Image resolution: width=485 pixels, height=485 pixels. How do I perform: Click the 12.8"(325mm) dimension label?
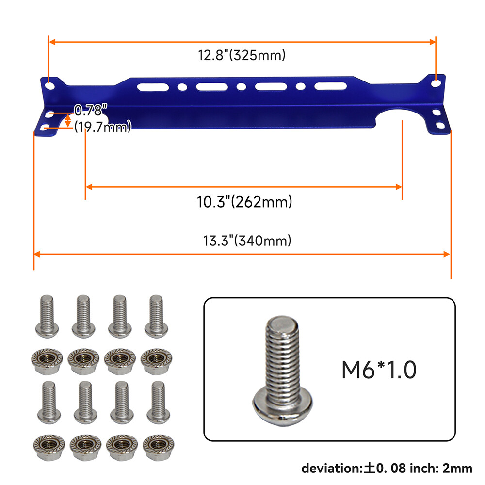click(241, 55)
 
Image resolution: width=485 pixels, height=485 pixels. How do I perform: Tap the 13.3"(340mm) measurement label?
click(247, 241)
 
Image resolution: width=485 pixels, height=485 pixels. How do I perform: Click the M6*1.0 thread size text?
click(379, 370)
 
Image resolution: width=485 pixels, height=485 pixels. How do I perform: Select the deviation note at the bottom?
click(387, 468)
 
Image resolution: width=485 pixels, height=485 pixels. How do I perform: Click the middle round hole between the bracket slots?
click(241, 87)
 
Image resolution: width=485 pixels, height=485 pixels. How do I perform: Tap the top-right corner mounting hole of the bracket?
click(436, 82)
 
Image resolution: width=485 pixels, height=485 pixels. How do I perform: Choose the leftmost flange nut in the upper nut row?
click(46, 359)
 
